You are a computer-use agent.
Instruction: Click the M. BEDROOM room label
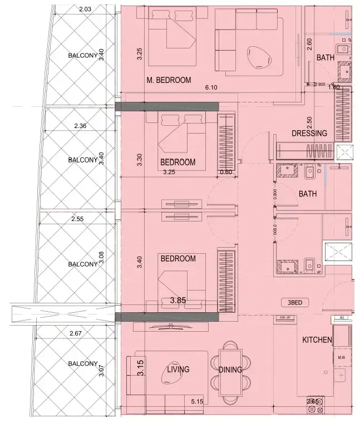169,80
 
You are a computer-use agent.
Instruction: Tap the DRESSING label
309,133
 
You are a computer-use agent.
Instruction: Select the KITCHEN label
317,340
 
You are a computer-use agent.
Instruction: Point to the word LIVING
178,369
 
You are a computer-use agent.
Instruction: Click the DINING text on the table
230,370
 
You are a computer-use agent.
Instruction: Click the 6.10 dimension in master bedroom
211,87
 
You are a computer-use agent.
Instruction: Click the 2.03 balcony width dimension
85,9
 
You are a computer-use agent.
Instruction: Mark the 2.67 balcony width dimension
77,333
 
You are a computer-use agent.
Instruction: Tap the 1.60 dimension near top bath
334,87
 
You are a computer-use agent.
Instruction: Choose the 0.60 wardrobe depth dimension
226,172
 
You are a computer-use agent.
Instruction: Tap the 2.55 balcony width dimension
77,219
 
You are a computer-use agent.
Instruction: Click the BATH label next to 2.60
325,58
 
